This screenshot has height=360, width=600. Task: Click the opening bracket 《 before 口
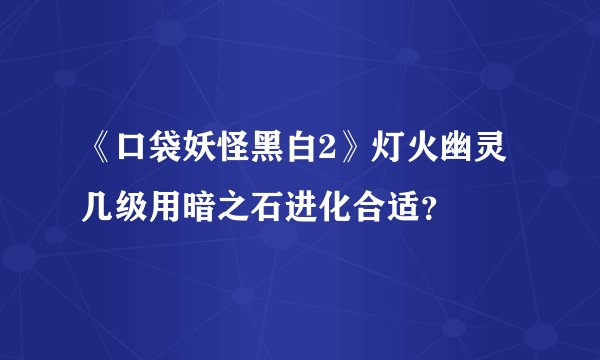(99, 155)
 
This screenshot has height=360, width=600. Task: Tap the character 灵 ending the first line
(498, 155)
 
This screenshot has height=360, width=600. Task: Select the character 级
(133, 207)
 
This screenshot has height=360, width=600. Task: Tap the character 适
(413, 207)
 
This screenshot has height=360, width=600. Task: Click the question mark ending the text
(438, 209)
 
